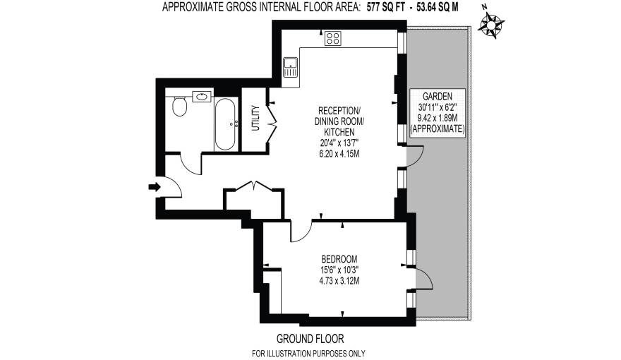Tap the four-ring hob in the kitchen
click(333, 40)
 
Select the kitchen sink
click(290, 67)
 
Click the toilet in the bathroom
click(179, 107)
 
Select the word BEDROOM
click(339, 258)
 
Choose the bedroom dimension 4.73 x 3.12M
click(339, 280)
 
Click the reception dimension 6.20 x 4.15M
click(339, 154)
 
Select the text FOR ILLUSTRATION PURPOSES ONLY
click(310, 354)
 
